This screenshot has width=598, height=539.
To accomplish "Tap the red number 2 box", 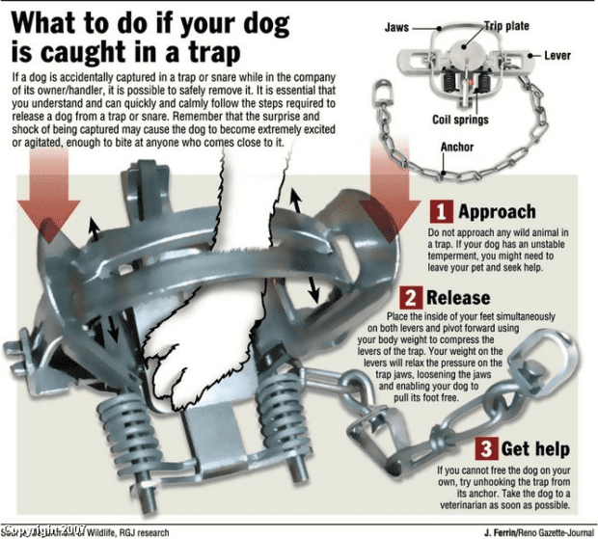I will pyautogui.click(x=409, y=297).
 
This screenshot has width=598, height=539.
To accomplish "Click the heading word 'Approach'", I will pyautogui.click(x=496, y=211).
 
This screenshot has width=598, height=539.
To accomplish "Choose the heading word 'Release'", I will pyautogui.click(x=459, y=297).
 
